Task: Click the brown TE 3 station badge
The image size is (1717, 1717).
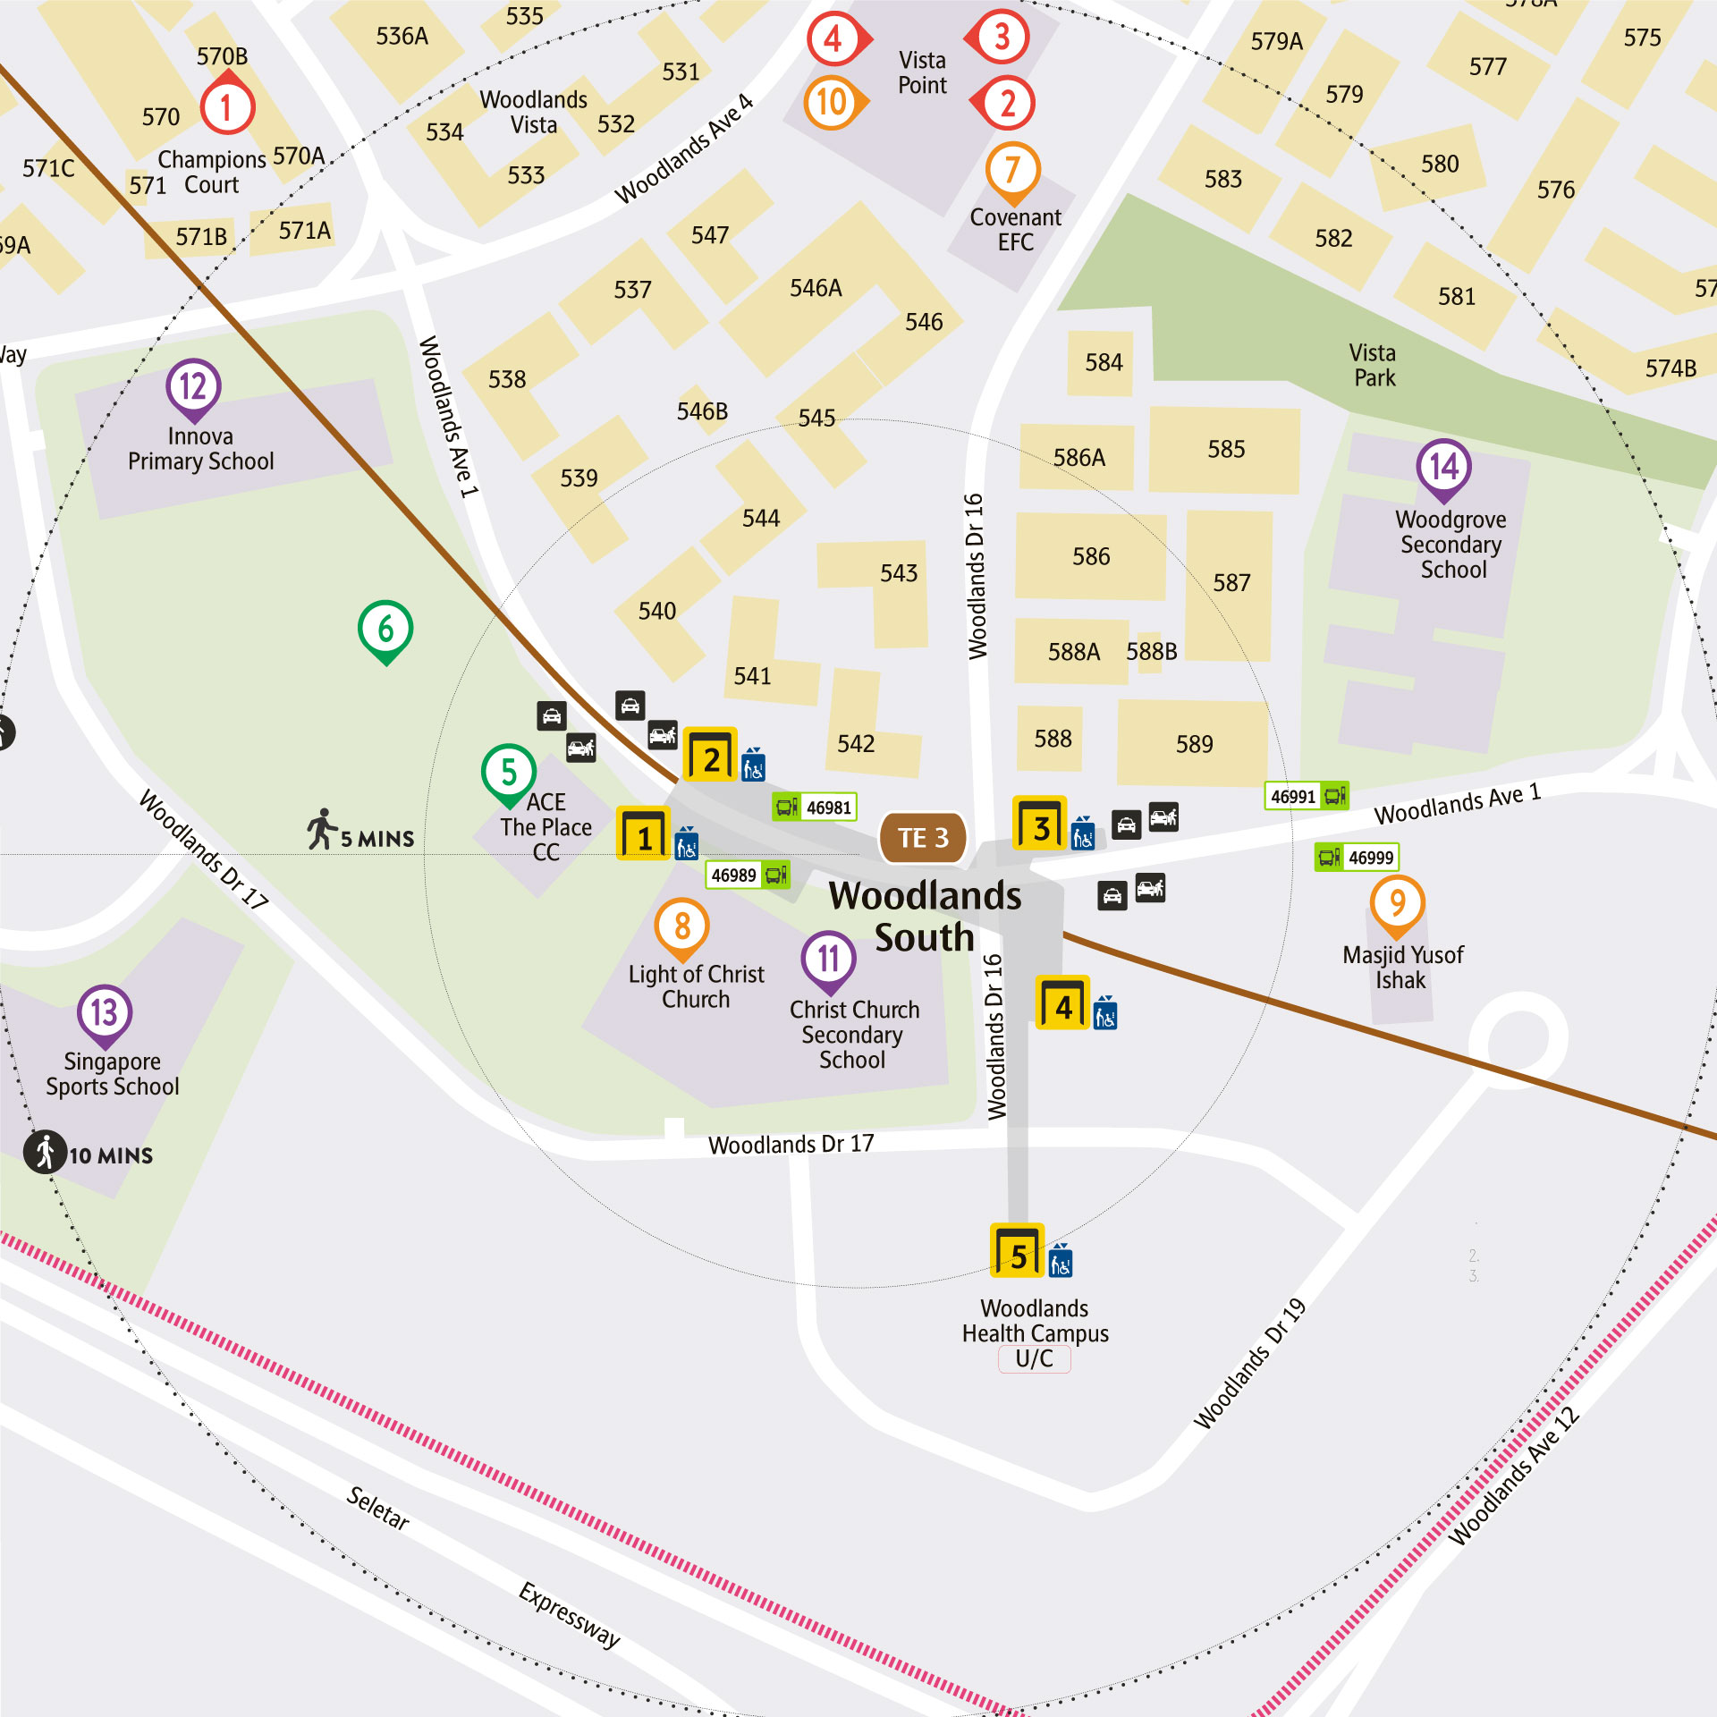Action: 923,838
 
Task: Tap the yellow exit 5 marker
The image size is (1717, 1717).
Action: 1018,1250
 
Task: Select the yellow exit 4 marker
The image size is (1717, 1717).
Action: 1062,1002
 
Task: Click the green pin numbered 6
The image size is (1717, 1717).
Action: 385,629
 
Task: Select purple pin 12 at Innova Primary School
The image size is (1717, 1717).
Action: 193,387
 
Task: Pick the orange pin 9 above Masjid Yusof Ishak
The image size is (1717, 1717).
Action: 1397,904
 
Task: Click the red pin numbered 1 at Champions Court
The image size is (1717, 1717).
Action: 227,107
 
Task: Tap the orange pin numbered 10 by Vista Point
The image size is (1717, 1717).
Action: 833,102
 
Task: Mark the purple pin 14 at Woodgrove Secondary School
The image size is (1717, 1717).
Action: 1443,467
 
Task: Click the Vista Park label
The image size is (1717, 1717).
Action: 1374,365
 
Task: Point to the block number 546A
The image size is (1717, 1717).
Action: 816,288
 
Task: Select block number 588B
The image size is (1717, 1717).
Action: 1152,651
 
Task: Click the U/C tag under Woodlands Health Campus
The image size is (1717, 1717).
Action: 1034,1359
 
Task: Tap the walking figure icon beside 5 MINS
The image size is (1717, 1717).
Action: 322,829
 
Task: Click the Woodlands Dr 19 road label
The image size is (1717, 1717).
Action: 1250,1363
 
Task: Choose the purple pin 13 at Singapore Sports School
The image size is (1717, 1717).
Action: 105,1013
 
